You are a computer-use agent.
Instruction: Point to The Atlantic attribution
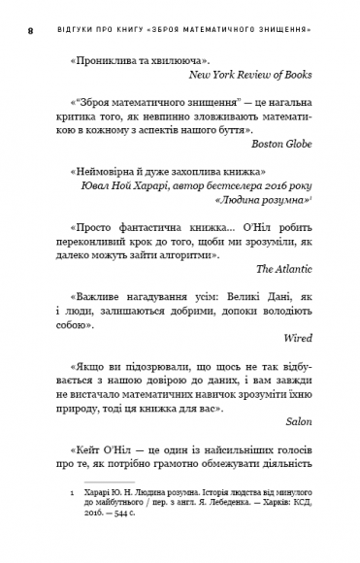click(x=305, y=267)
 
